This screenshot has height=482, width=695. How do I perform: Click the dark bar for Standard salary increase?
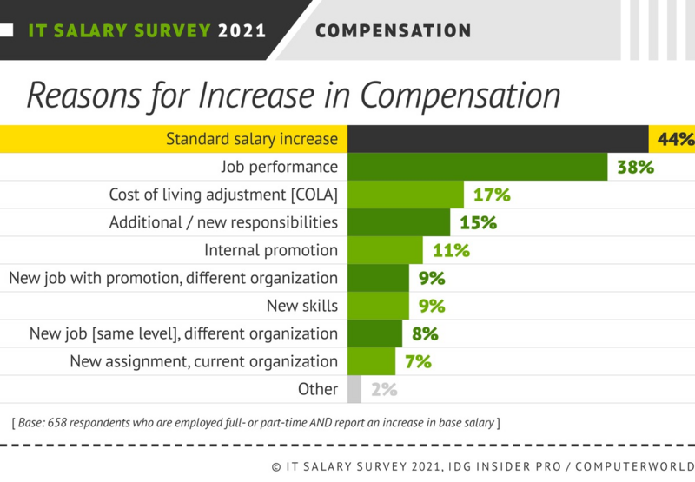497,139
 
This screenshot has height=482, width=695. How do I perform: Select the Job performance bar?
477,167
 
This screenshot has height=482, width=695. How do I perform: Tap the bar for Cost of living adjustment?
406,195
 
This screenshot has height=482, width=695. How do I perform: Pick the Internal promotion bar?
385,250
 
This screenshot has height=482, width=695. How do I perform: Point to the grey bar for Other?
354,389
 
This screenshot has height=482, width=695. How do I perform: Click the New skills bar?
378,306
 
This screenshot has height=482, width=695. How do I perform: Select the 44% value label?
674,139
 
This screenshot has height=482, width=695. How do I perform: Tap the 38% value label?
634,167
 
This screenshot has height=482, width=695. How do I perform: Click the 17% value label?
492,195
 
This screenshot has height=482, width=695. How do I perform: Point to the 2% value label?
384,390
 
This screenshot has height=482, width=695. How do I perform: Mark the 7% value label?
418,362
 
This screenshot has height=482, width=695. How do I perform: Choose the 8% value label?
425,333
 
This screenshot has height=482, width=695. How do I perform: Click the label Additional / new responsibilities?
223,222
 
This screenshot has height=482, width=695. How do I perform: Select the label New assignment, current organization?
203,361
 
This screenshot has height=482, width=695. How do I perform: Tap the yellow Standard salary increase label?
251,139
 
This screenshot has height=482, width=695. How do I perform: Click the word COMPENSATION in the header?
393,31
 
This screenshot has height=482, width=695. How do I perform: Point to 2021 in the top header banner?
242,31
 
